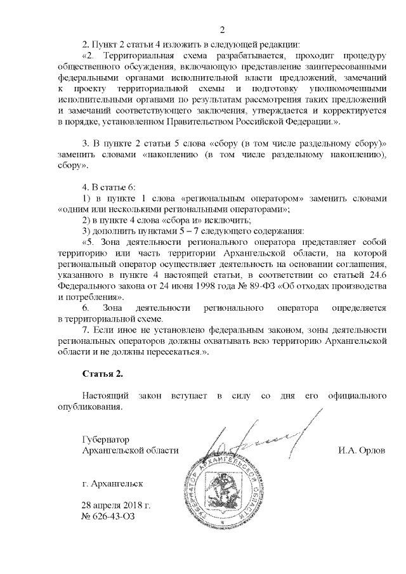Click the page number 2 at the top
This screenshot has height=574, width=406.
[223, 30]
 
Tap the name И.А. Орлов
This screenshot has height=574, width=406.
[362, 450]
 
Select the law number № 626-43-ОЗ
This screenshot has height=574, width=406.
[108, 516]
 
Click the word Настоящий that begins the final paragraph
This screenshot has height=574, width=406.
[105, 396]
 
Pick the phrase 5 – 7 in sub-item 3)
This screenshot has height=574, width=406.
[178, 231]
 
